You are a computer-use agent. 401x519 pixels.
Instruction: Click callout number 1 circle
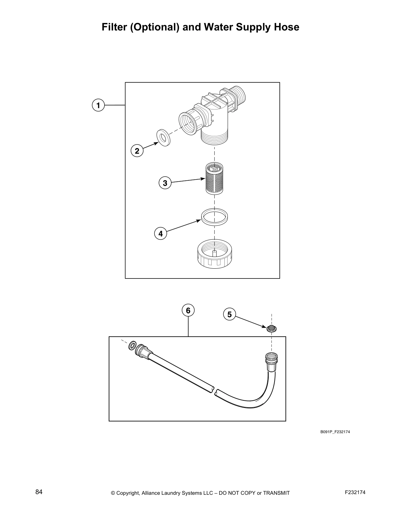coord(98,105)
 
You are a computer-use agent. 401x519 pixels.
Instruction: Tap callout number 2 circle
coord(137,151)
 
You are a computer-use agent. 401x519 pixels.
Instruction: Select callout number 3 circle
coord(165,183)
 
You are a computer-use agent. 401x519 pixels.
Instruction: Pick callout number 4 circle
coord(160,234)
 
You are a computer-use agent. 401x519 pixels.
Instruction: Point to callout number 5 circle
coord(229,315)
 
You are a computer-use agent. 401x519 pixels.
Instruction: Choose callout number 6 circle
coord(188,310)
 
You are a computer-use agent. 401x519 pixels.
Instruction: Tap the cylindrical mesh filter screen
coord(215,179)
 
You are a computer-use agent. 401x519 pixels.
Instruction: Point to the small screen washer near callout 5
coord(271,328)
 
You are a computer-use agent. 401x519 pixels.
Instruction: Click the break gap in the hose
coord(214,390)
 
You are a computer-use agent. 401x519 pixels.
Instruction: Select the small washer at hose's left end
coord(132,345)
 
